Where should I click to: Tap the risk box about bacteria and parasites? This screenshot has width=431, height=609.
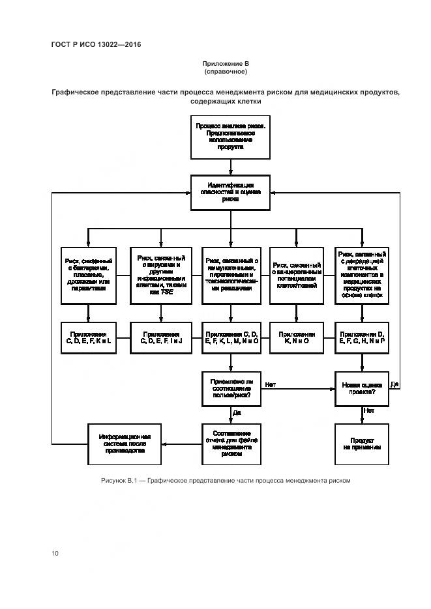90,275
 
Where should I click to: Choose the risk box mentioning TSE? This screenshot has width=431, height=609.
160,275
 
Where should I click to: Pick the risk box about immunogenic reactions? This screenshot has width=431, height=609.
230,275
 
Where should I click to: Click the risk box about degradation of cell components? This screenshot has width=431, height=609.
362,275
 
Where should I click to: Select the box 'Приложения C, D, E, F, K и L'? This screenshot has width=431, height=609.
90,337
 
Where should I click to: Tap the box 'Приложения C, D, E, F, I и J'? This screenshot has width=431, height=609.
160,337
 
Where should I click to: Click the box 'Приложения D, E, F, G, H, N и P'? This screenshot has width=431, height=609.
362,337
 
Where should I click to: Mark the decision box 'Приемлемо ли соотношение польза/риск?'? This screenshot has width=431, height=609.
230,388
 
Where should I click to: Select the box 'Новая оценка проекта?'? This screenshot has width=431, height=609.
362,388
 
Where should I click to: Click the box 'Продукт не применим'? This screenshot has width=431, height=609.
362,444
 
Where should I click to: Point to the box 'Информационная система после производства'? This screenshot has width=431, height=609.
125,444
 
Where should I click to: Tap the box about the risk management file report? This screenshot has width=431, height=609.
230,444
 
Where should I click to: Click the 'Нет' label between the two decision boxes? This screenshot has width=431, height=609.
271,385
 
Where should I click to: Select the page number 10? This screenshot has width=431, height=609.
55,554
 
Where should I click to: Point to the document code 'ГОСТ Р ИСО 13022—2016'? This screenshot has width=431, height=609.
96,44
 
